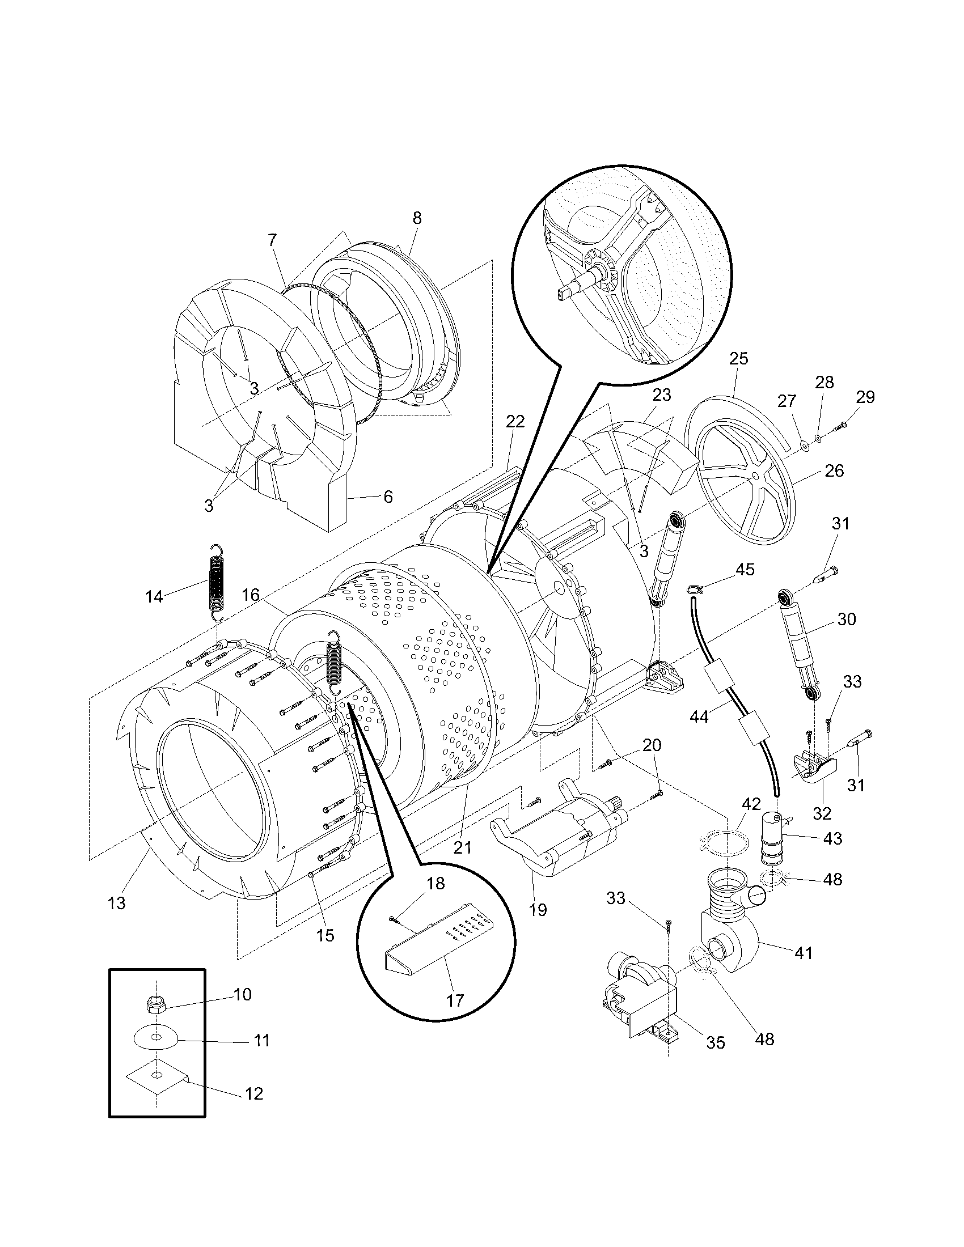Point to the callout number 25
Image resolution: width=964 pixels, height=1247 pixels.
tap(738, 359)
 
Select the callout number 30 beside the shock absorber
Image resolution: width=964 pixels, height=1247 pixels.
tap(847, 619)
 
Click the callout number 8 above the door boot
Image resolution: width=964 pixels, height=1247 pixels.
tap(417, 218)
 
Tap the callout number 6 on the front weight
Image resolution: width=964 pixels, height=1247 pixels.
tap(388, 497)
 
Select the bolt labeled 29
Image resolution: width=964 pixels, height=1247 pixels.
tap(842, 424)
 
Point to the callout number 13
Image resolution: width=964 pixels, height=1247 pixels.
tap(116, 904)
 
